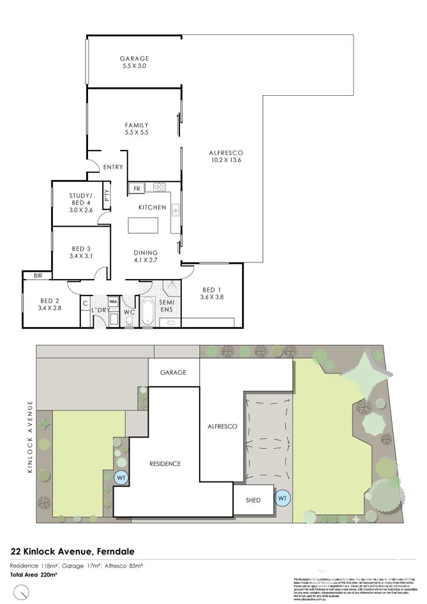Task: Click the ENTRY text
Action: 113,167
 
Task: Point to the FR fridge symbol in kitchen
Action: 137,188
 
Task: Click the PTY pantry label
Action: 107,195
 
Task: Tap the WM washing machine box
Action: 113,301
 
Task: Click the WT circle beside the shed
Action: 281,497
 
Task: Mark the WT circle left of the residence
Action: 121,477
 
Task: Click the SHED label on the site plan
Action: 253,500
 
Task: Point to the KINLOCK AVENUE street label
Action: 29,437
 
